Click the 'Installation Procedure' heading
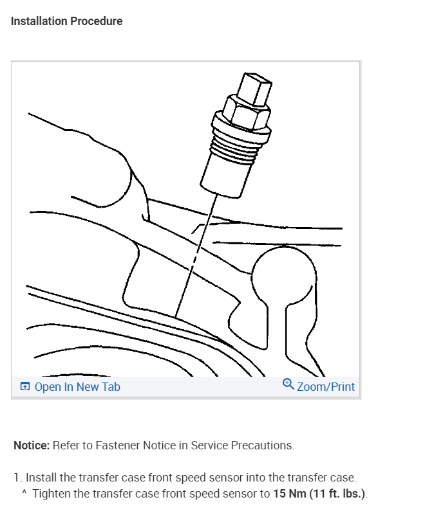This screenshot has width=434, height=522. (66, 21)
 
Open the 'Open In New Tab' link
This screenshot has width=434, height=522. (77, 387)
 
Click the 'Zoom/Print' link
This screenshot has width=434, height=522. (326, 386)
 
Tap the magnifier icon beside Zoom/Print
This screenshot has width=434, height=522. (288, 385)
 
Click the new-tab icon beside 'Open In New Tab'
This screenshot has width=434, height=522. (25, 387)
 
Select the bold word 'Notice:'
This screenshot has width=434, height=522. (32, 445)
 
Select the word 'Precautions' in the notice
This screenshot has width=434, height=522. (264, 445)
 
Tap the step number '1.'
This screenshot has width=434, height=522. (18, 478)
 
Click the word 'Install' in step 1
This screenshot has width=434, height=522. (39, 478)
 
